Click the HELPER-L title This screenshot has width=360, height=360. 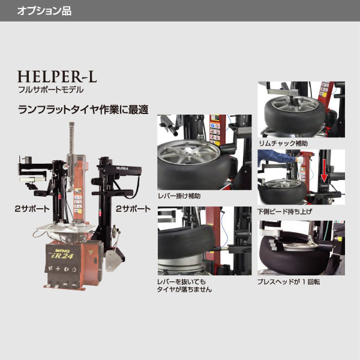(57, 77)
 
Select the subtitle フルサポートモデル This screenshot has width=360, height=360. (51, 89)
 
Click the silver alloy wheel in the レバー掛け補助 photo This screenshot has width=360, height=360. (183, 159)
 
